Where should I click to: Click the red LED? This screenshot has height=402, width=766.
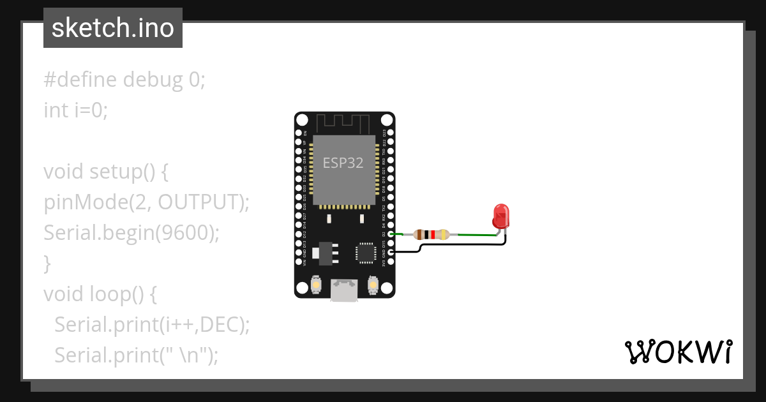click(501, 215)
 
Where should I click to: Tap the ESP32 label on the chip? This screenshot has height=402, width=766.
click(343, 163)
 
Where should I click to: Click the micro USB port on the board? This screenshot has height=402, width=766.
click(344, 290)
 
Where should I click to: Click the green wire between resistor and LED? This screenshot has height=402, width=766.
click(476, 235)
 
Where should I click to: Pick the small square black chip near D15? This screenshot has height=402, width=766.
click(366, 252)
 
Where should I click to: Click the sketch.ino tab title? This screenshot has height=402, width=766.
click(113, 28)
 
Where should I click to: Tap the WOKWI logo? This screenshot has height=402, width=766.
click(678, 352)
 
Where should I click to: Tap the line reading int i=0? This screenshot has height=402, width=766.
click(76, 110)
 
